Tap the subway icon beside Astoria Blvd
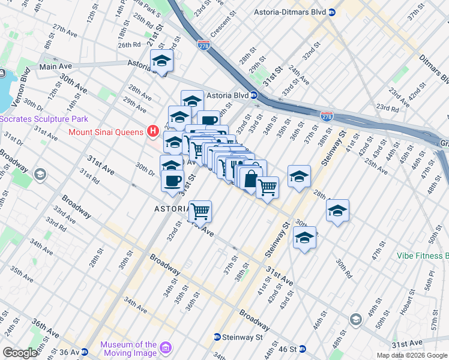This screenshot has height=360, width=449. click(254, 95)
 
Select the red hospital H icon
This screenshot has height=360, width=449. click(153, 131)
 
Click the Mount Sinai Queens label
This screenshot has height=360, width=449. click(106, 131)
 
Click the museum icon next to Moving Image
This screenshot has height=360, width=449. click(166, 347)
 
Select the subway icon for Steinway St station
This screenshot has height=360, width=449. click(217, 337)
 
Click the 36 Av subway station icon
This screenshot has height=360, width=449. click(85, 352)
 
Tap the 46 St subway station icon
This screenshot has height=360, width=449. click(303, 349)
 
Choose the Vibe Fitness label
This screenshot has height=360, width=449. click(422, 255)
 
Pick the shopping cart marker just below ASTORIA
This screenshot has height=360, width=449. click(200, 211)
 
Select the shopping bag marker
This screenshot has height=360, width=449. click(249, 178)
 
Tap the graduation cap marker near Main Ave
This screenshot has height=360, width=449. click(161, 61)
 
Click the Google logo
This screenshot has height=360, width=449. click(20, 352)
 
